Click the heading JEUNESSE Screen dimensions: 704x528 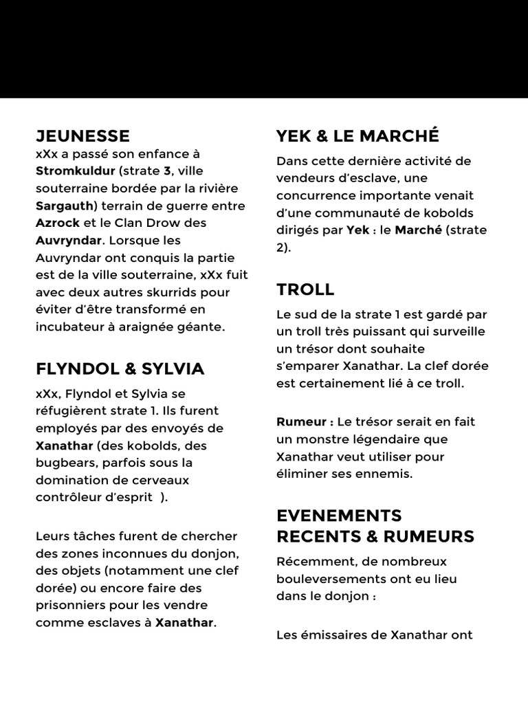[x=82, y=136]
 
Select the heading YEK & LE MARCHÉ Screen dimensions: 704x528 [x=357, y=136]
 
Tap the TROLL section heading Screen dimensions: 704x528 [x=305, y=289]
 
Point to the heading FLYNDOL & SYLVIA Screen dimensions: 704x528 [x=120, y=369]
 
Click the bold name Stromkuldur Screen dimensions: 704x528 [x=76, y=171]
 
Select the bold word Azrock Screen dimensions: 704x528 [x=58, y=223]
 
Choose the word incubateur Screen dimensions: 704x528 [x=69, y=327]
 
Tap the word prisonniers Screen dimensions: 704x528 [x=71, y=606]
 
